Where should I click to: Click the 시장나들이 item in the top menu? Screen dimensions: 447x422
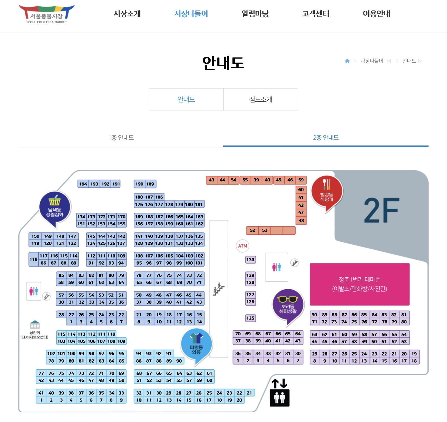pos(191,14)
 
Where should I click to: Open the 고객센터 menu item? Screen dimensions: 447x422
pos(315,14)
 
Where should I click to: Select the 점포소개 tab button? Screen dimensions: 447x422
pos(261,99)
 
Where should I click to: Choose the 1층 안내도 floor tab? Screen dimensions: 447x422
pos(121,138)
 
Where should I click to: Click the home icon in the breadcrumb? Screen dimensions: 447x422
pos(347,61)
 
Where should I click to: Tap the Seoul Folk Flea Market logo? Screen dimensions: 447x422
pos(47,14)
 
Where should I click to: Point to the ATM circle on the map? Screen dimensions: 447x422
pos(243,246)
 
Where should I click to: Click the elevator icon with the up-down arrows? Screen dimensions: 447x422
pos(279,393)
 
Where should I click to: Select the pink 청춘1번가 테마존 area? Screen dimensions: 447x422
pos(360,284)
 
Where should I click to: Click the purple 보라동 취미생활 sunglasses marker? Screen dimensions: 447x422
pos(288,306)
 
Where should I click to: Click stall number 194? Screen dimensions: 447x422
pos(83,184)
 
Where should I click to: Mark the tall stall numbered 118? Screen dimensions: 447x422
pos(33,259)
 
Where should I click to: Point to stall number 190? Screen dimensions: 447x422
pos(139,184)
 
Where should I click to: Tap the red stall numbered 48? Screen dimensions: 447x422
pos(301,220)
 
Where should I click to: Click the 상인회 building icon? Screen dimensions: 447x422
pos(35,325)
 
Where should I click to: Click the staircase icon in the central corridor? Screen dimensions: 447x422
pos(219,289)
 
